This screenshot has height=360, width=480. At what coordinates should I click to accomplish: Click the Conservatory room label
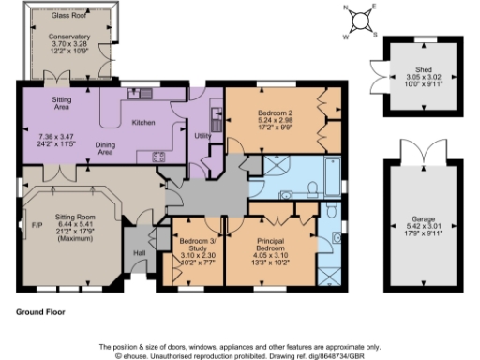click(70, 37)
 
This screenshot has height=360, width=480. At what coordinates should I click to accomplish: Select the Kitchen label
click(143, 122)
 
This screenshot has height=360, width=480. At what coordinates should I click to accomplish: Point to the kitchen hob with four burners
click(158, 157)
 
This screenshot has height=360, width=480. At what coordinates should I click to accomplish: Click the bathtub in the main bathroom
click(334, 174)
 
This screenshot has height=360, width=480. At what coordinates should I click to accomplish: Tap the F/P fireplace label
click(37, 225)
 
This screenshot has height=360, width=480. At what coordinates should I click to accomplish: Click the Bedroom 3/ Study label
click(197, 245)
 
